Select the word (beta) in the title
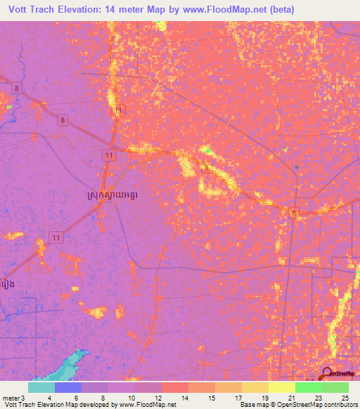point(278,10)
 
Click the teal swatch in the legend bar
point(41,387)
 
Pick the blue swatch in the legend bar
point(68,387)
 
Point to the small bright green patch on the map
point(207,150)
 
